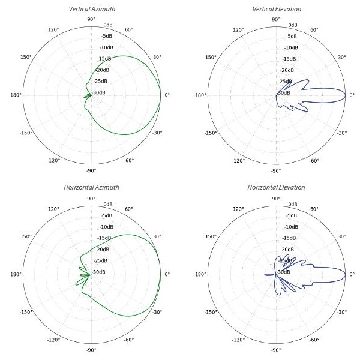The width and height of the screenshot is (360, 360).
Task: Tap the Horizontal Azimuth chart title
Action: (x=92, y=187)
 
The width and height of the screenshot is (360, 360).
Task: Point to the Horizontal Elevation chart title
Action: (x=276, y=187)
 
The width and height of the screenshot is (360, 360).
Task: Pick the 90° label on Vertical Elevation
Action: (x=276, y=19)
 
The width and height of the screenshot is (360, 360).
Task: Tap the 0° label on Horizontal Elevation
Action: (x=352, y=274)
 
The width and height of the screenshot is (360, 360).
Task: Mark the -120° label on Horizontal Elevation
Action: (x=238, y=340)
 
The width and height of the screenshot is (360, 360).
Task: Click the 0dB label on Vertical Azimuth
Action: (x=109, y=25)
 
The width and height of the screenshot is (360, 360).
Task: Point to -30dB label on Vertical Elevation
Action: (x=286, y=92)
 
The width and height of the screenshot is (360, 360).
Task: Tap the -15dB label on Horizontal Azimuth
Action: (x=105, y=238)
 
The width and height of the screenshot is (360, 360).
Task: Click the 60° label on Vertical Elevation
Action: (x=314, y=30)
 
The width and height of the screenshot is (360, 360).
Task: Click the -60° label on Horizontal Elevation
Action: (x=314, y=340)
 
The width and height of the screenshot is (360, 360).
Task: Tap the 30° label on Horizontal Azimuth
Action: (x=157, y=236)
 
